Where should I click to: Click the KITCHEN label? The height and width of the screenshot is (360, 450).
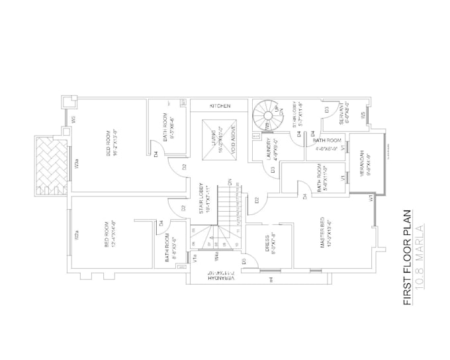point(220,106)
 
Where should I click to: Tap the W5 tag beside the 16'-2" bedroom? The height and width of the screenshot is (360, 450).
point(75,121)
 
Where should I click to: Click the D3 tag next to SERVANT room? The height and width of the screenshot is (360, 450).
point(326,109)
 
